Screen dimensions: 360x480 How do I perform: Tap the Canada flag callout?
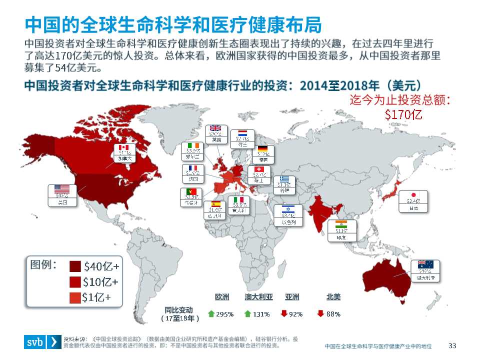coord(125,152)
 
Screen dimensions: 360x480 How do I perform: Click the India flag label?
coord(341,230)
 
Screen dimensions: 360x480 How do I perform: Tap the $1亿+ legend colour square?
coord(75,298)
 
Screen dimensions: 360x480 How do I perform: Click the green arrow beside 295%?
coord(210,314)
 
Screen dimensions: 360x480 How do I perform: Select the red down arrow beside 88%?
coord(320,314)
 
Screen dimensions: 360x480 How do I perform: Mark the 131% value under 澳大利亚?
coord(261,314)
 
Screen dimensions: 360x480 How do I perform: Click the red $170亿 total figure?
coord(403,114)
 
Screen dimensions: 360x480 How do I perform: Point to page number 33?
coord(453,345)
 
